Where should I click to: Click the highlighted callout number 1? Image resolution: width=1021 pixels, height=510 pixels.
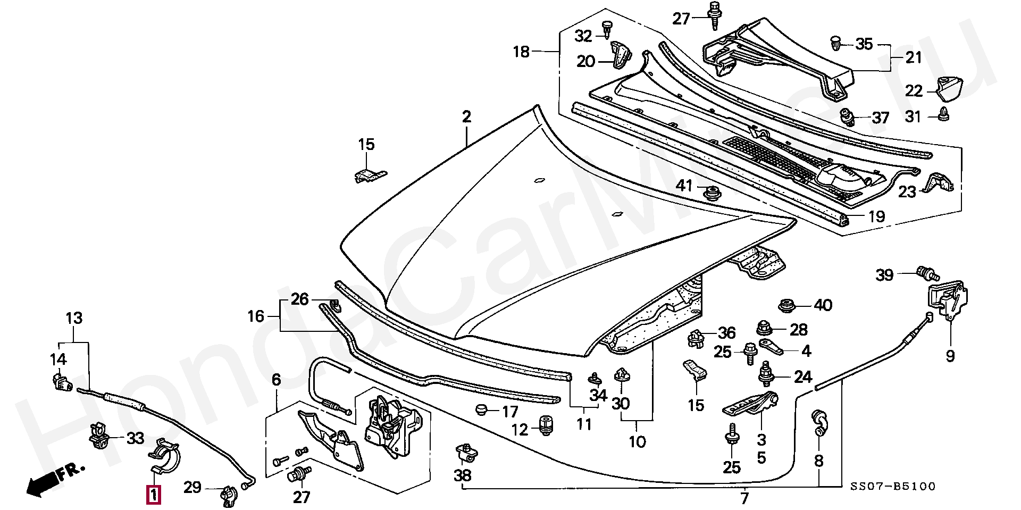(x=153, y=495)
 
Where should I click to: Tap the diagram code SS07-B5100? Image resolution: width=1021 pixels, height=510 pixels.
(x=893, y=486)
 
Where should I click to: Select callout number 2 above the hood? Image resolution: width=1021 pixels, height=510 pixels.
(x=466, y=116)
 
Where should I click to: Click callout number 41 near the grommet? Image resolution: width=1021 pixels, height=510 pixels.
(x=684, y=185)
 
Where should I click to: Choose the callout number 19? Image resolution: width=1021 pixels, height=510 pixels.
(x=877, y=216)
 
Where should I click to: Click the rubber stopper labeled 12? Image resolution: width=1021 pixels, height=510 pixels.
(x=546, y=426)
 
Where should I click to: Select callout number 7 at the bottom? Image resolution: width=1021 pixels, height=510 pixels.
(x=744, y=498)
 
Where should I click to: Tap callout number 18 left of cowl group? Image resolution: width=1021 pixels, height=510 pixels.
(x=521, y=52)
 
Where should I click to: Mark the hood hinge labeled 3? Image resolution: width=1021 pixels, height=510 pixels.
(x=750, y=403)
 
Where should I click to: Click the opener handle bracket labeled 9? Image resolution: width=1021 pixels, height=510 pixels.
(x=948, y=300)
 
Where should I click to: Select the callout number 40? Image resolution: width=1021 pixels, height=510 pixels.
(x=823, y=305)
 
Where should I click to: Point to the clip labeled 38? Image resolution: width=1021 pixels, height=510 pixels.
(x=466, y=454)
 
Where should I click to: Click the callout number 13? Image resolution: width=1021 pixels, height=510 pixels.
(x=74, y=318)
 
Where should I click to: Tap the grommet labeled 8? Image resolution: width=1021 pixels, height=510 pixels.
(x=818, y=422)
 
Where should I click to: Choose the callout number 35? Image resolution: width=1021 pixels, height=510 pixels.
(x=864, y=44)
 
